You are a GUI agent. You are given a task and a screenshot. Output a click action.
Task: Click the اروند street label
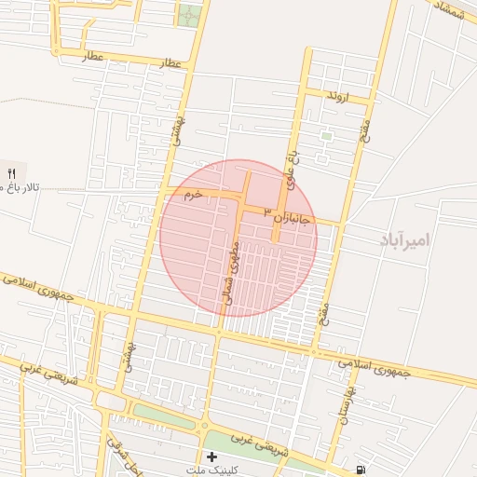pyautogui.click(x=337, y=96)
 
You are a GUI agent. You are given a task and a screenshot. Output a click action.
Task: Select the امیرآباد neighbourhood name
pyautogui.click(x=405, y=239)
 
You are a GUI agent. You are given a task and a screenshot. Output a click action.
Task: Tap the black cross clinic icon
pyautogui.click(x=212, y=457)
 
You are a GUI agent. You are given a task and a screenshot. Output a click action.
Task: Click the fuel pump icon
pyautogui.click(x=361, y=469)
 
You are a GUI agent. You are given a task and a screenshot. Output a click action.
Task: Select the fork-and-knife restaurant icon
pyautogui.click(x=12, y=172)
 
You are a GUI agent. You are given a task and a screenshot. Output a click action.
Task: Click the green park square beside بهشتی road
pyautogui.click(x=189, y=16)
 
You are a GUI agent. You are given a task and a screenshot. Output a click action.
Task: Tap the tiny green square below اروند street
pyautogui.click(x=326, y=136)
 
